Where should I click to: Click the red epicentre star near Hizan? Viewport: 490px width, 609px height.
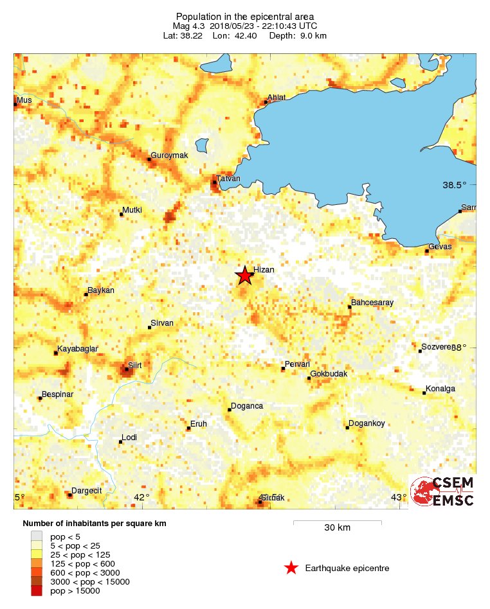tap(244, 276)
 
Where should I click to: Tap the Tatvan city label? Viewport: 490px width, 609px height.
tap(228, 179)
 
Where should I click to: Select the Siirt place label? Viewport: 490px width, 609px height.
tap(135, 366)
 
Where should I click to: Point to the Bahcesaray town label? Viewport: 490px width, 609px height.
tap(372, 303)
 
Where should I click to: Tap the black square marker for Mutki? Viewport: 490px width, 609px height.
tap(122, 214)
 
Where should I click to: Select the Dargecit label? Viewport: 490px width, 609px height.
tap(86, 491)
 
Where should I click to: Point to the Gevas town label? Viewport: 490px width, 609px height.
tap(441, 247)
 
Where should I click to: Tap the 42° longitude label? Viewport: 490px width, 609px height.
tap(141, 497)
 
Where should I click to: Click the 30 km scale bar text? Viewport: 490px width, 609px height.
tap(337, 528)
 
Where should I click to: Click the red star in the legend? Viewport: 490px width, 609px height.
tap(291, 568)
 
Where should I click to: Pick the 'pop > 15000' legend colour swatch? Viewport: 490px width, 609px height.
tap(37, 591)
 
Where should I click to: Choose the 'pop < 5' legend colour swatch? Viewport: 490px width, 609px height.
tap(37, 536)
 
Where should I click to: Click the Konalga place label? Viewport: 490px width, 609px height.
tap(440, 389)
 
